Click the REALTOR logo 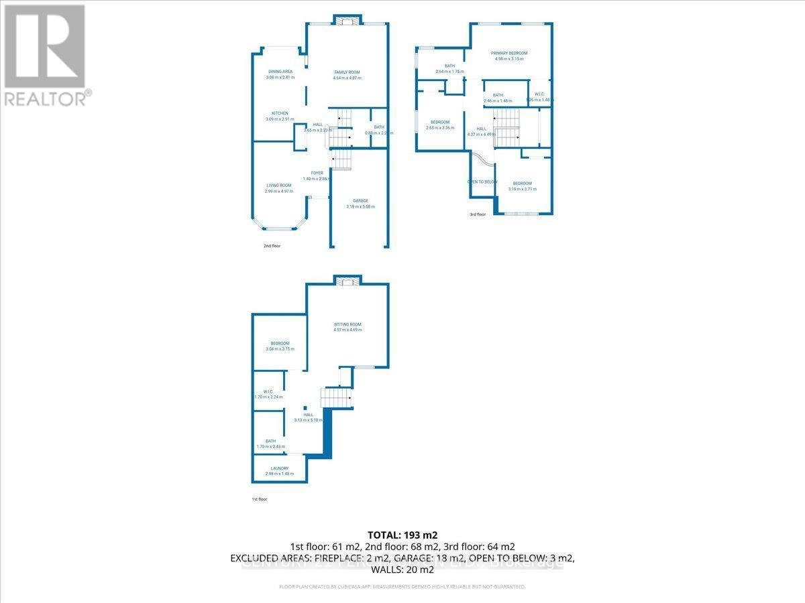pos(44,54)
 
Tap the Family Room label pos(347,72)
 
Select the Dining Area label pos(280,71)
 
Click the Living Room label pos(279,186)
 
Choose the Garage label pos(360,200)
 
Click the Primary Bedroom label pos(508,53)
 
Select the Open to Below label pos(482,182)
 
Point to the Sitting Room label pos(347,324)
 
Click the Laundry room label pos(279,468)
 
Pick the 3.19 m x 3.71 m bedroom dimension pos(523,190)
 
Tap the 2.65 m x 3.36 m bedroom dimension pos(440,127)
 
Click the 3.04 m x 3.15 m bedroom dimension pos(280,349)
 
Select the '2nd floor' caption pos(272,246)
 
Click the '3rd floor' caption pos(477,214)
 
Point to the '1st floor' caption pos(259,499)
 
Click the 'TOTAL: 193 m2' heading pos(402,535)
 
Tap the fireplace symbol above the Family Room pos(347,21)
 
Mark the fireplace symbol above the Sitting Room pos(347,281)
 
